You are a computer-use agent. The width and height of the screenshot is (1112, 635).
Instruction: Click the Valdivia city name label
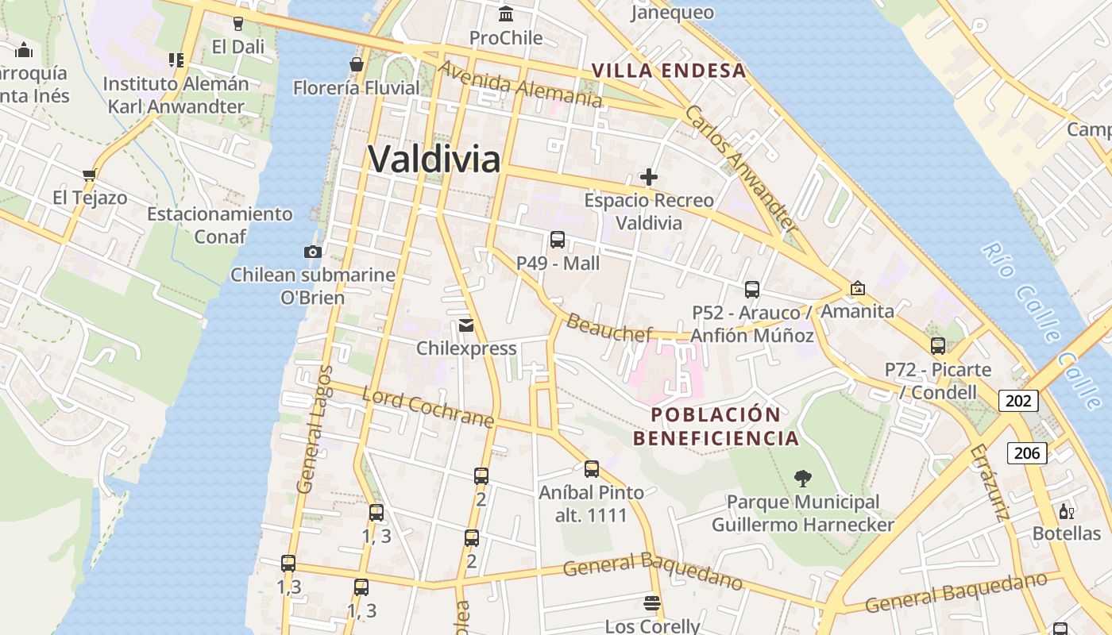click(x=434, y=159)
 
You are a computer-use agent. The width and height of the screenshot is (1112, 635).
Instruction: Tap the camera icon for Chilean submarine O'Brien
click(x=313, y=252)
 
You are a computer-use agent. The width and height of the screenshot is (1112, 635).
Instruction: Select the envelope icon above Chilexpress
click(x=466, y=325)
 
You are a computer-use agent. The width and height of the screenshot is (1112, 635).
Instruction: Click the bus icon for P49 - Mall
click(x=558, y=239)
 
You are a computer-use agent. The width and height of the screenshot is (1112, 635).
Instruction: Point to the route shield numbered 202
click(x=1018, y=401)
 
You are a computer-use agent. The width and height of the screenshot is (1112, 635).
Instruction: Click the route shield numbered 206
click(x=1027, y=453)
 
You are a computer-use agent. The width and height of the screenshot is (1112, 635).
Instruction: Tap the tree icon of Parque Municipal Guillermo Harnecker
click(x=803, y=478)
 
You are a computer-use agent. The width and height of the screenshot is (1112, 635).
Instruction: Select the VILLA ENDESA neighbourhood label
click(x=669, y=71)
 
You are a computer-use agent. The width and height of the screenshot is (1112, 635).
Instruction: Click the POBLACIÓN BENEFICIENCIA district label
click(x=716, y=426)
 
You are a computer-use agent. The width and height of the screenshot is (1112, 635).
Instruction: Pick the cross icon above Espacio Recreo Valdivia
click(x=649, y=177)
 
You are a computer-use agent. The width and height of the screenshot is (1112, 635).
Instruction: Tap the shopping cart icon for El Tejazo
click(x=89, y=175)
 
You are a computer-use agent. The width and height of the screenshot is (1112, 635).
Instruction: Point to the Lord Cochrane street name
click(x=427, y=407)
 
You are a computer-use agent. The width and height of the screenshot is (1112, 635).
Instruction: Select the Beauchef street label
click(x=609, y=327)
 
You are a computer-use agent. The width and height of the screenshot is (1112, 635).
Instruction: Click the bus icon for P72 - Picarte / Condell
click(x=938, y=345)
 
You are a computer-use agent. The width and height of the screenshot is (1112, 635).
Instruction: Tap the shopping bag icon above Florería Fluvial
click(x=357, y=64)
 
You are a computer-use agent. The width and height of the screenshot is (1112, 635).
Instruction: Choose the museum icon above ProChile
click(x=506, y=13)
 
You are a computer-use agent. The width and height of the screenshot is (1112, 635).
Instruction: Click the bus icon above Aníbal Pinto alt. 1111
click(x=591, y=468)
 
